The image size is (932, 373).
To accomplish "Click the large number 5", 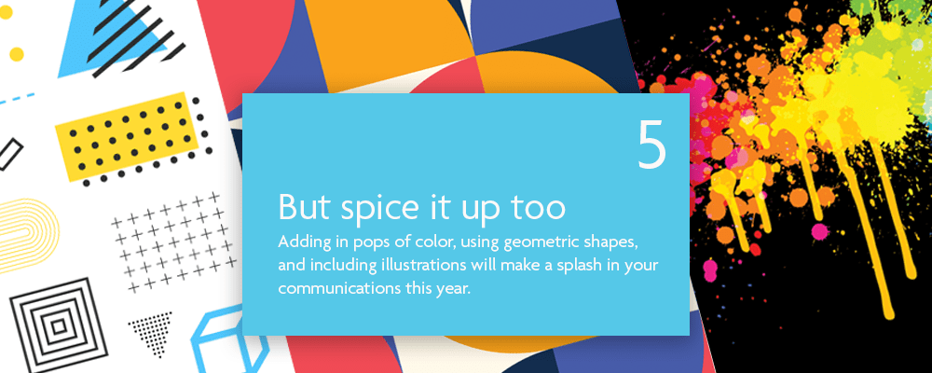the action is pos(651,145).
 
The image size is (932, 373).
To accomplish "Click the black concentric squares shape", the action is pos(58,326).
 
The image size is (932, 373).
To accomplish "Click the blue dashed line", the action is pos(17,99).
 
